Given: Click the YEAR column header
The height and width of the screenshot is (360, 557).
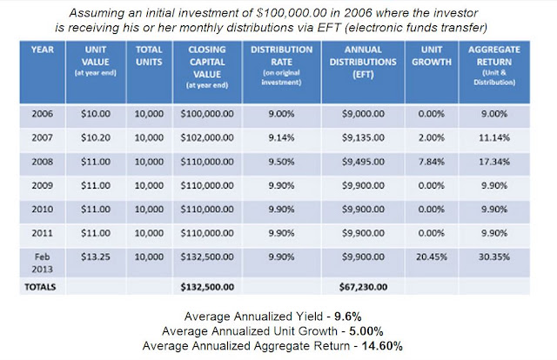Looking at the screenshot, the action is click(x=43, y=50).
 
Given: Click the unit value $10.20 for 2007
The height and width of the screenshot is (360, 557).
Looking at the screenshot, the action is click(x=96, y=137).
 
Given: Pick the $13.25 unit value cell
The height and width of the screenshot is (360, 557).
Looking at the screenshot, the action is click(x=96, y=257).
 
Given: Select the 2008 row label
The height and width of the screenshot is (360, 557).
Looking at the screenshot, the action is click(x=43, y=162).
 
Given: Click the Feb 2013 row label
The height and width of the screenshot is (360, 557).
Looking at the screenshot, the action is click(x=43, y=263).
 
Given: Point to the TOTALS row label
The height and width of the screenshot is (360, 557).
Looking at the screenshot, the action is click(x=40, y=287).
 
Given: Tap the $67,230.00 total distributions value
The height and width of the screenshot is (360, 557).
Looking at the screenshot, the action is click(x=363, y=287).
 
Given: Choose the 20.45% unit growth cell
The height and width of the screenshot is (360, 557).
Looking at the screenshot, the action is click(x=432, y=257).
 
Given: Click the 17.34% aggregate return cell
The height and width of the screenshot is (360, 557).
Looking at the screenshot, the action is click(x=494, y=162).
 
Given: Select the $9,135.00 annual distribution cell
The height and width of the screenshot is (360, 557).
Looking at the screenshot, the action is click(x=363, y=137).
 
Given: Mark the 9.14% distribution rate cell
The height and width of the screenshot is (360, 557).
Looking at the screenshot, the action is click(x=281, y=137).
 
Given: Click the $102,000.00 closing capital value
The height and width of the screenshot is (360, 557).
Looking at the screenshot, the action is click(x=207, y=137).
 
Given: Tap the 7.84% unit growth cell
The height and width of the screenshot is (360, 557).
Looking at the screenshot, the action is click(x=432, y=162).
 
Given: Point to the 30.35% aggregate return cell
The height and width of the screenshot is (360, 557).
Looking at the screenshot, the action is click(x=494, y=257).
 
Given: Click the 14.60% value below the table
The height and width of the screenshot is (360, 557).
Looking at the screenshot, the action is click(x=382, y=345).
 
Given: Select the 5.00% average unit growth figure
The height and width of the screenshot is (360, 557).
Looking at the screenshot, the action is click(x=366, y=331).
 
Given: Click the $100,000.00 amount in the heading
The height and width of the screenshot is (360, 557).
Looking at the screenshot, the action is click(x=291, y=13).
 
